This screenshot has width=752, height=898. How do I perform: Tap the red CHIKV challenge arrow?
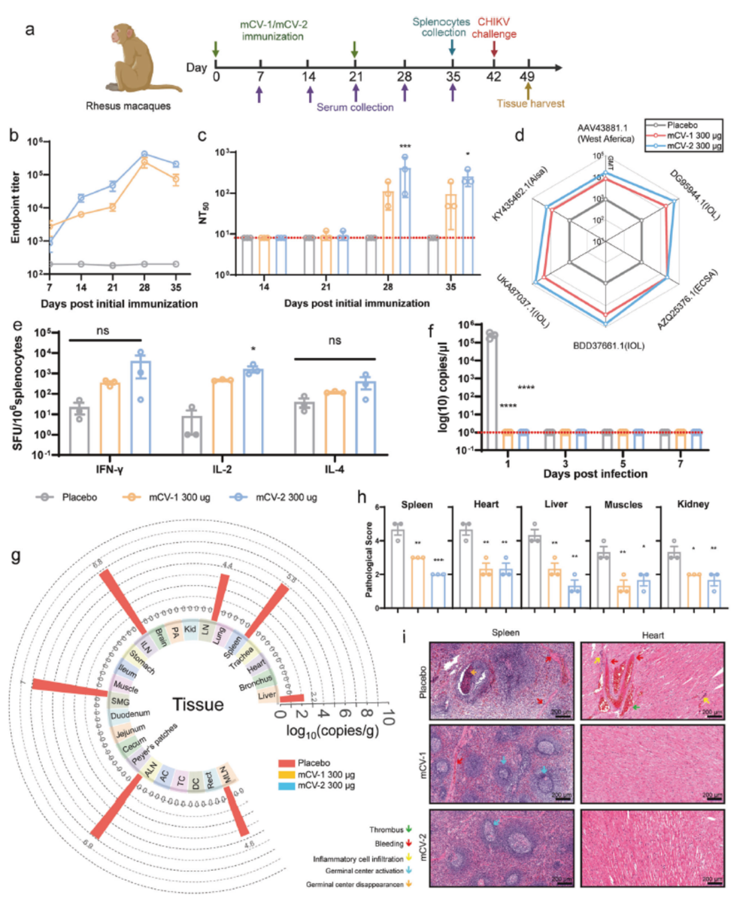click(x=493, y=50)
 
